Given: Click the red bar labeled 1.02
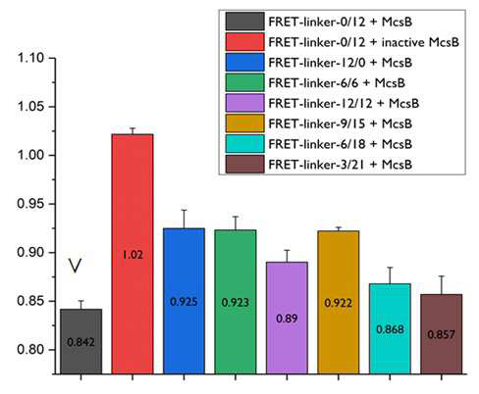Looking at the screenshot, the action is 133,254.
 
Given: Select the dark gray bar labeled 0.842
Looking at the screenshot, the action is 80,341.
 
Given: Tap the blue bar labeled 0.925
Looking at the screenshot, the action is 184,301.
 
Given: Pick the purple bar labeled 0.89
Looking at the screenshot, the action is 287,318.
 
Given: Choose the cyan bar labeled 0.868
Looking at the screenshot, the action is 390,328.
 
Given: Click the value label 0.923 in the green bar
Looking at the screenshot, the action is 236,303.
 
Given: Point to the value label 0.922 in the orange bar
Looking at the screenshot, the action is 339,303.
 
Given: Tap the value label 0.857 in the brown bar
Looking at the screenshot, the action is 442,334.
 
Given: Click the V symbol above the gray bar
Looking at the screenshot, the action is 75,266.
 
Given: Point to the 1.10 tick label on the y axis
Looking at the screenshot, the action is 30,58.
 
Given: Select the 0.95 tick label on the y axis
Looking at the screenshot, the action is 30,204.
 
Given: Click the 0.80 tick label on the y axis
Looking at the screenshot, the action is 30,350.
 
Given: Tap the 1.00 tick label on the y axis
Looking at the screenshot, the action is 30,155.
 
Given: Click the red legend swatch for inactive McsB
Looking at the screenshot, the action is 244,42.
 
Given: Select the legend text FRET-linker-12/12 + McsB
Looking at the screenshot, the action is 344,103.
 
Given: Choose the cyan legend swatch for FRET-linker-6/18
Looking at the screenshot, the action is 244,144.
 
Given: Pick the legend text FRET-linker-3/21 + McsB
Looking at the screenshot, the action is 341,165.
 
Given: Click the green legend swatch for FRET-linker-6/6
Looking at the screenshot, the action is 244,82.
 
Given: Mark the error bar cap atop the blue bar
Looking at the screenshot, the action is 184,210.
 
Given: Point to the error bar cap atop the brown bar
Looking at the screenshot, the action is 442,276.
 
